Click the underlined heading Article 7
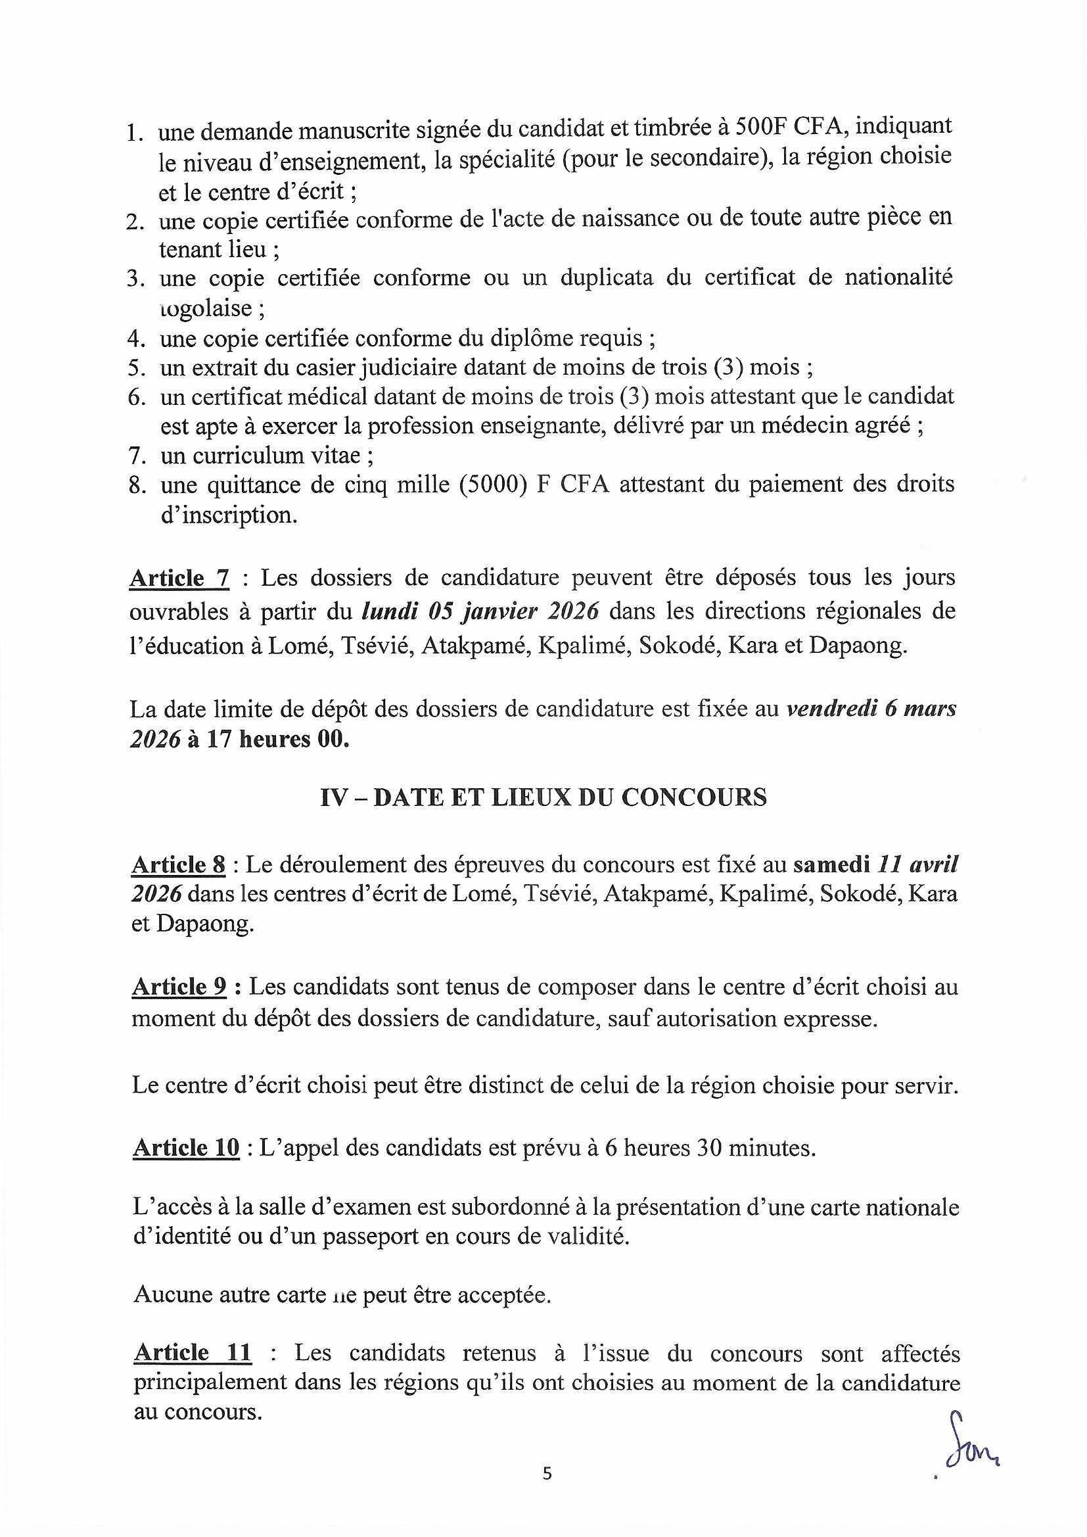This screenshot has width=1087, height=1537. (179, 578)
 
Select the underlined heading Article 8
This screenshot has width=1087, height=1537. (179, 866)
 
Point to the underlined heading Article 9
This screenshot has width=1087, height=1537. (179, 987)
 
